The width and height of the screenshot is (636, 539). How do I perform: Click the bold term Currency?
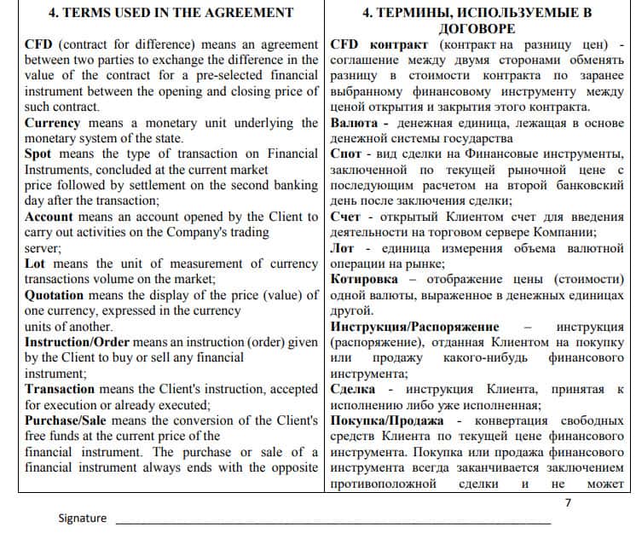[52, 123]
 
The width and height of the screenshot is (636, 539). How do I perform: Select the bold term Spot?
[38, 154]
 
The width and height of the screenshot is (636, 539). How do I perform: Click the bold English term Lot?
[35, 264]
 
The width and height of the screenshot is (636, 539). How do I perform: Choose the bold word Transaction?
[61, 389]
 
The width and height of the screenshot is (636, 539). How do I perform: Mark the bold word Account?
[49, 217]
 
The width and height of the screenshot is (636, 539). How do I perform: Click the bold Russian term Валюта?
[354, 123]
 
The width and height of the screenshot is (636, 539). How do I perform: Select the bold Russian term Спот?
[345, 154]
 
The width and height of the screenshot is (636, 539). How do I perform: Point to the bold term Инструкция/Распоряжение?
[414, 327]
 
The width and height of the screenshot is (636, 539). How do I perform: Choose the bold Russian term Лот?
[343, 248]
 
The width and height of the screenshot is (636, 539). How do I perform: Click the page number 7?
[569, 502]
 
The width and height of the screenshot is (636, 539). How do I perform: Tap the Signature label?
[83, 519]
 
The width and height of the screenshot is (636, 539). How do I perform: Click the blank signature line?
[332, 520]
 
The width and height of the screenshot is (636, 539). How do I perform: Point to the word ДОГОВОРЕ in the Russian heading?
[477, 28]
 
